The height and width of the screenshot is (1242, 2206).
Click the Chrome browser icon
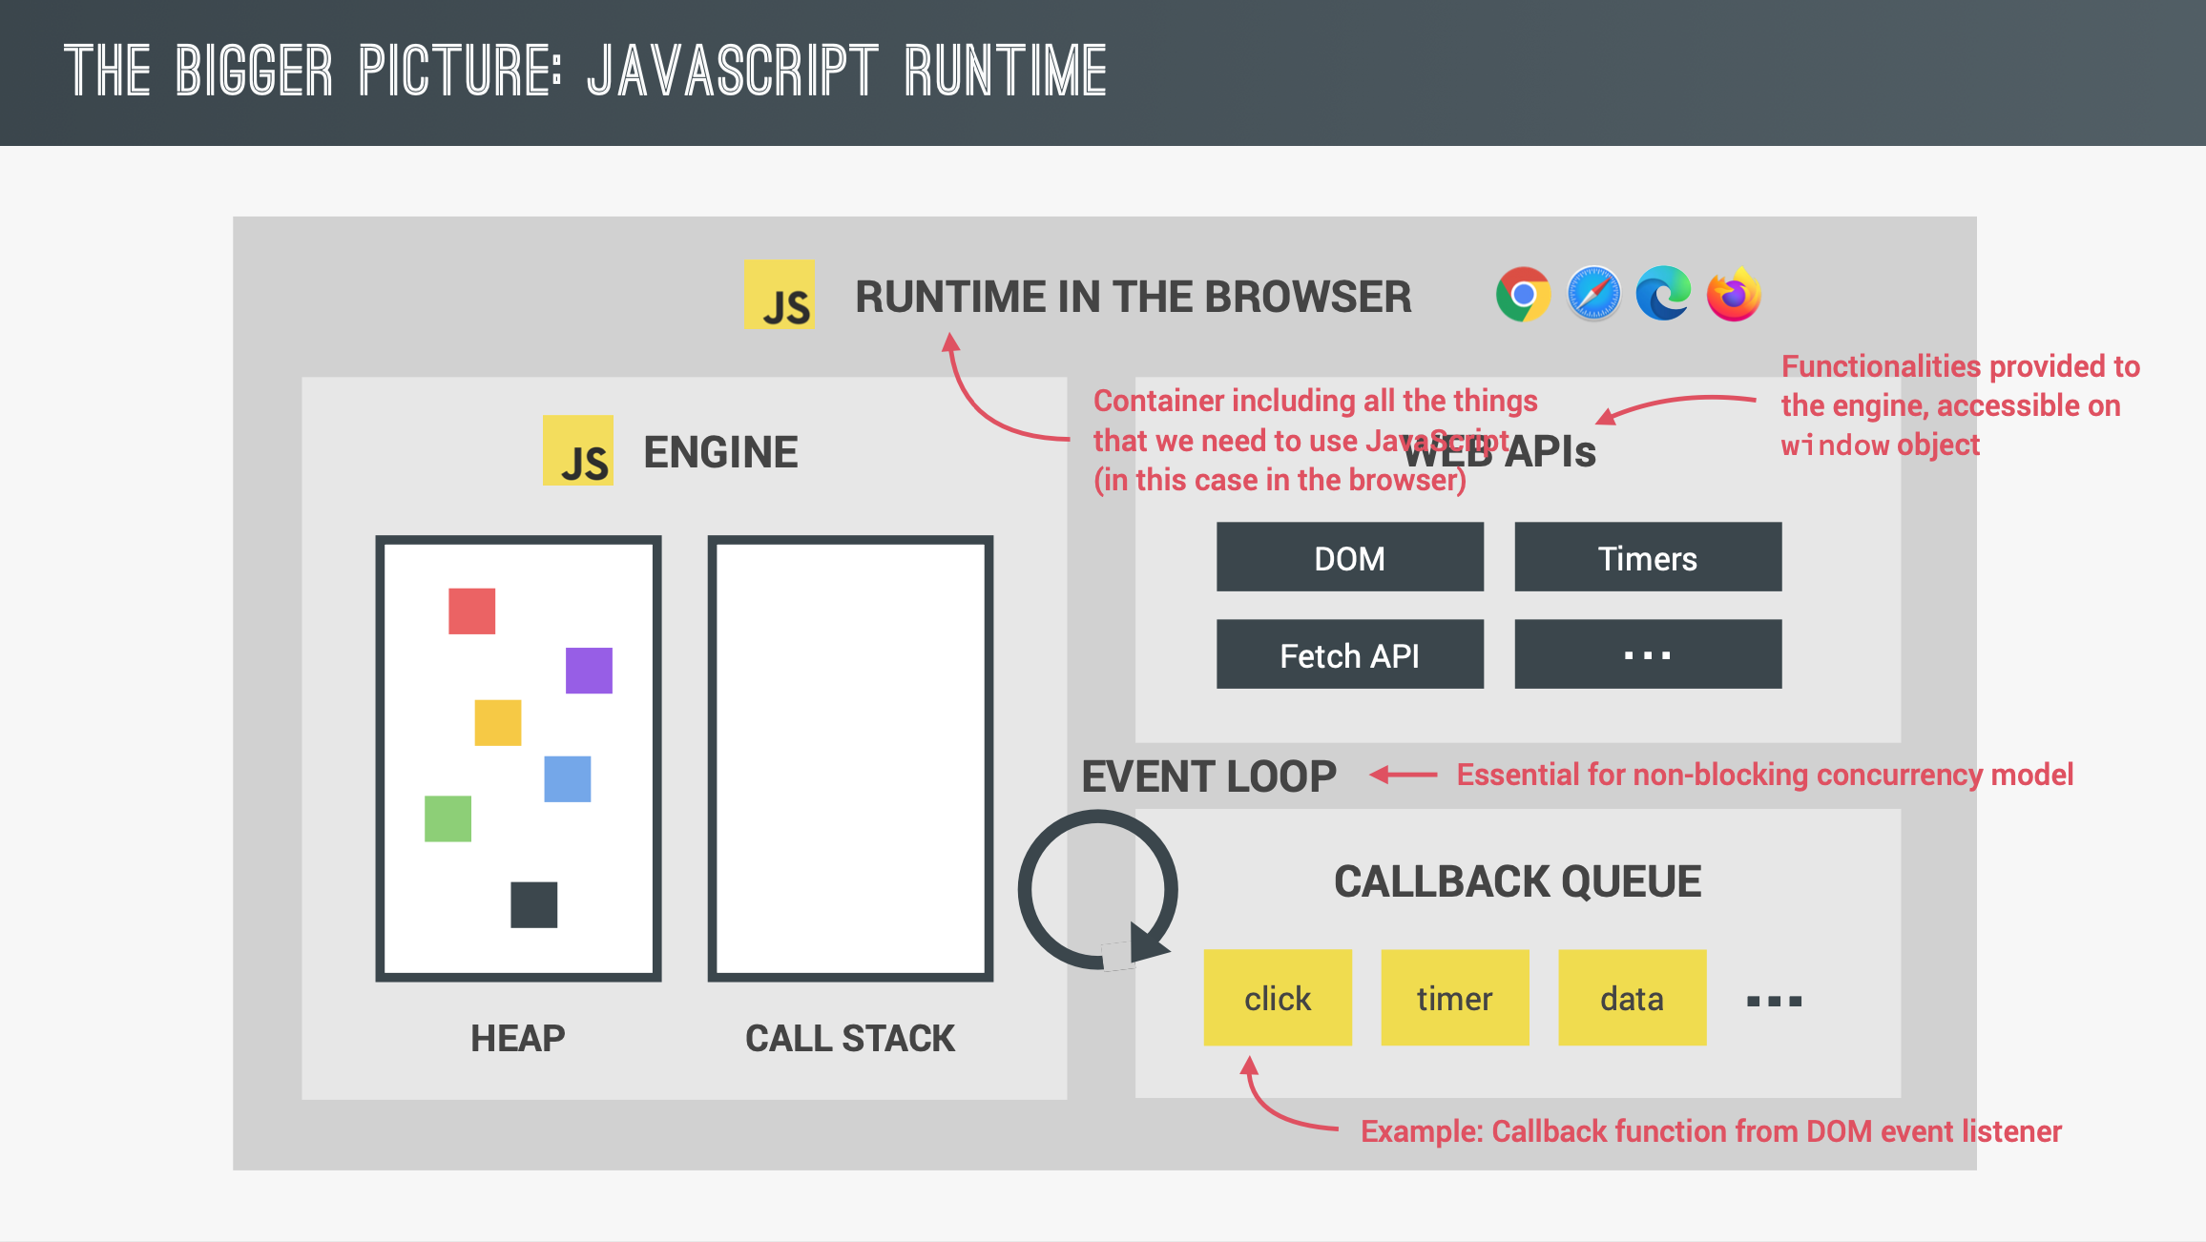[x=1523, y=295]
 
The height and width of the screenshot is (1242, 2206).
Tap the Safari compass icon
[x=1593, y=295]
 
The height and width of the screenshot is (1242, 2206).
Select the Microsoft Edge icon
[x=1663, y=294]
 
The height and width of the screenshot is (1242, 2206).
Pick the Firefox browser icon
[x=1734, y=295]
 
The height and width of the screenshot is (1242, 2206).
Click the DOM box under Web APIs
[x=1349, y=557]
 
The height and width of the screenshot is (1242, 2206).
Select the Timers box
[x=1648, y=557]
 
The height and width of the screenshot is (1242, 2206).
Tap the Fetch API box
[x=1349, y=654]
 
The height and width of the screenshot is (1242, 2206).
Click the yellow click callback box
[x=1277, y=998]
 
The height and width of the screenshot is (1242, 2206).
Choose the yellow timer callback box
[x=1454, y=998]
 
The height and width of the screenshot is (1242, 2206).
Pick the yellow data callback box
[x=1632, y=998]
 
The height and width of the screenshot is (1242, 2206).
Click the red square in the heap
[x=471, y=611]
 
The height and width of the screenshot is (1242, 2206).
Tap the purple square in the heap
[x=589, y=671]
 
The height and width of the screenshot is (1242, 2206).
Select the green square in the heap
[x=447, y=818]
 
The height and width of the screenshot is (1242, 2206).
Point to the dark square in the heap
[x=533, y=904]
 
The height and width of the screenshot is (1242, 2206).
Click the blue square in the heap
[x=567, y=779]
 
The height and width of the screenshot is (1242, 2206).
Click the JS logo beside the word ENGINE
[x=578, y=451]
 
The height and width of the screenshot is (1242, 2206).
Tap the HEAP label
[x=517, y=1038]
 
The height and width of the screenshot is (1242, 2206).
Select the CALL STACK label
[x=849, y=1038]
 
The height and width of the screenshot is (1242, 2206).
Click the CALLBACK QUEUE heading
[x=1517, y=881]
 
